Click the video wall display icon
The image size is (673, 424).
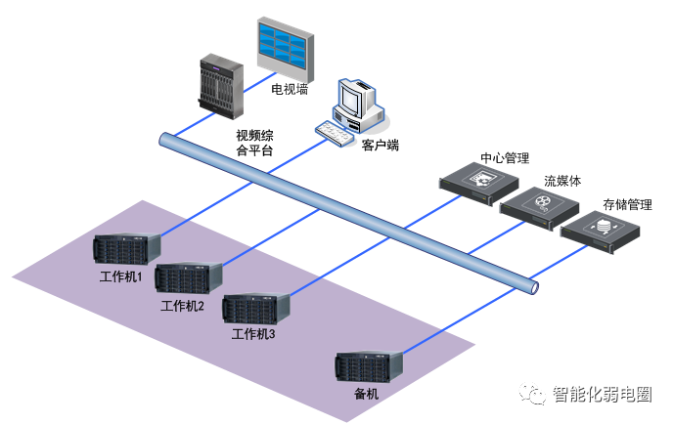point(284,44)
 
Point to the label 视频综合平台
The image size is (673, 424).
point(255,143)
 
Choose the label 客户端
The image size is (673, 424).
point(380,146)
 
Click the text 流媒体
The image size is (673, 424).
point(562,181)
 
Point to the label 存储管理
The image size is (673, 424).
point(627,205)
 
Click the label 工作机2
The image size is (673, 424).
point(182,306)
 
